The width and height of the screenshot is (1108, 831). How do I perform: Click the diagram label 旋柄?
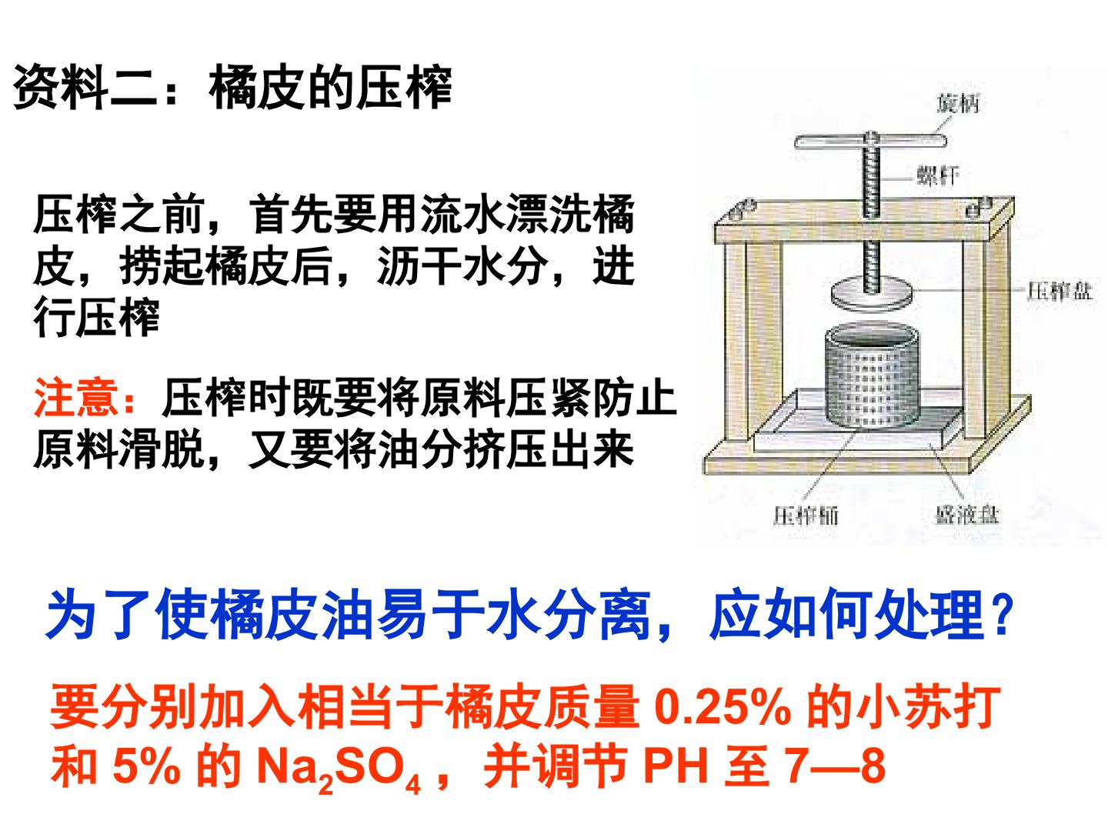tap(958, 104)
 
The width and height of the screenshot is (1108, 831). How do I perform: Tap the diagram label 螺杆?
tap(937, 176)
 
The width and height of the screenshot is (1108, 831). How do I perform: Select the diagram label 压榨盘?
tap(1060, 291)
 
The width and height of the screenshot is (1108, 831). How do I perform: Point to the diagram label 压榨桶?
tap(806, 516)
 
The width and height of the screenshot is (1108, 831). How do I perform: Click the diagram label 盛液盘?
tap(967, 515)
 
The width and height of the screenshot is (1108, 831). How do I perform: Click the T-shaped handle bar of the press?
tap(869, 141)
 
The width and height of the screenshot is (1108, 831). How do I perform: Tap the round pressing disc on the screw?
tap(872, 295)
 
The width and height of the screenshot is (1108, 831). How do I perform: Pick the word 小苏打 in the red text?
tap(928, 707)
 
